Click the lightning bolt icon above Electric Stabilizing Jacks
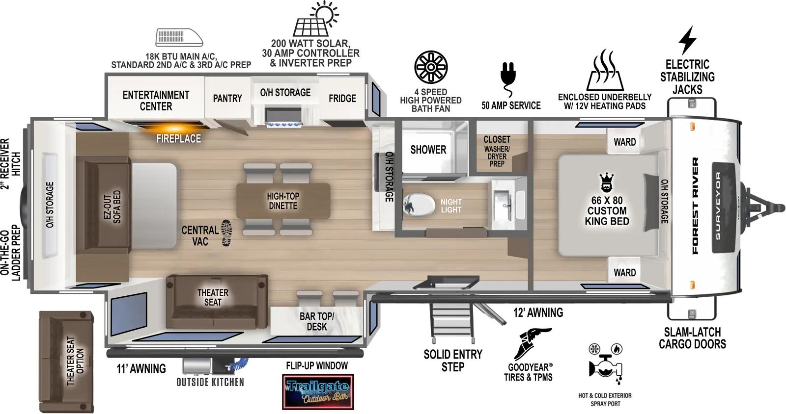687,40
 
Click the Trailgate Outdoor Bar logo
318,391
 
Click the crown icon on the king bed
606,183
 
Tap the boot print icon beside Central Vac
226,233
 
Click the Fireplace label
178,138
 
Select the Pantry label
227,98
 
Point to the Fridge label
342,98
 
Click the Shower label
428,150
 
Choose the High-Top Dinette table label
283,201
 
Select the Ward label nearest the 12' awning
624,272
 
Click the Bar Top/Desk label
316,321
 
